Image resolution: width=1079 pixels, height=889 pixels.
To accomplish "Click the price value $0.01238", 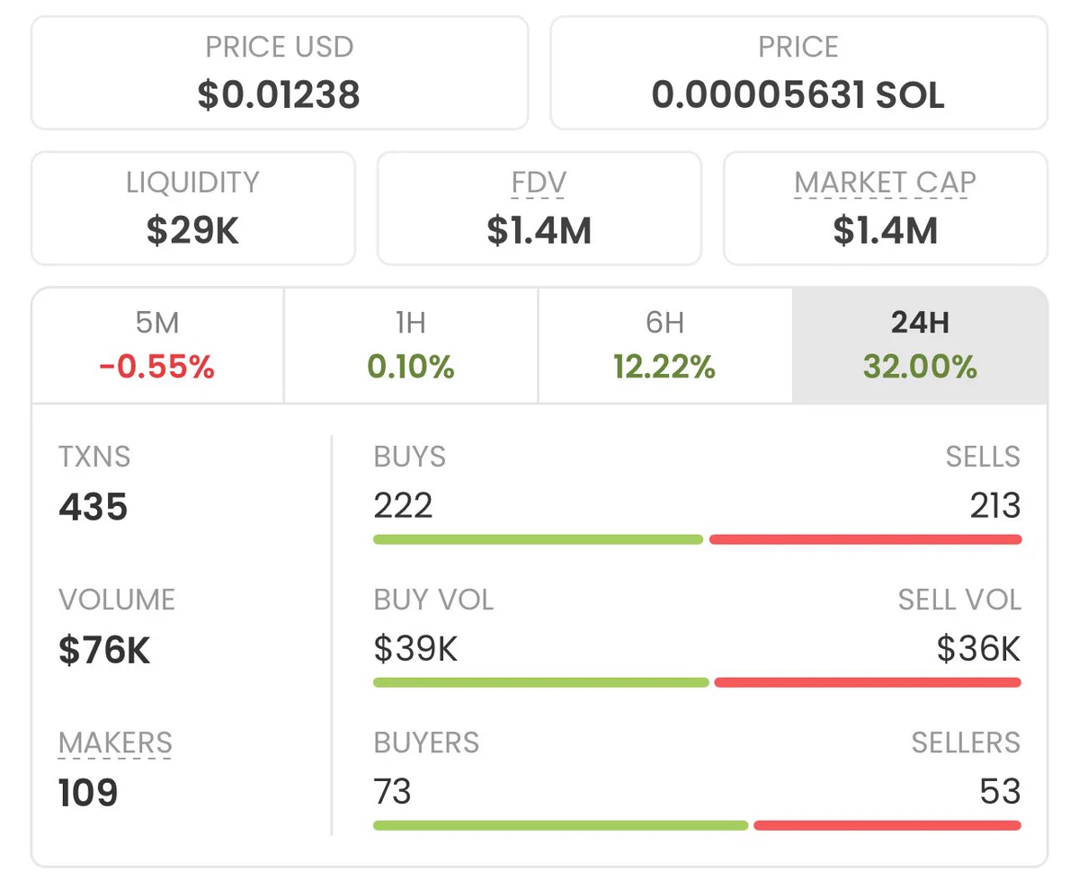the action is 279,95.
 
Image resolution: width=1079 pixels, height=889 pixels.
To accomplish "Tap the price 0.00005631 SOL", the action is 798,95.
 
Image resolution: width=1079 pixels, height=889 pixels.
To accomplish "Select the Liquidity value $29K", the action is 192,230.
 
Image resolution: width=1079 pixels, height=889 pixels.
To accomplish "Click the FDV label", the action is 539,182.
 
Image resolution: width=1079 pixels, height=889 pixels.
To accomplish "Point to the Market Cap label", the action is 885,182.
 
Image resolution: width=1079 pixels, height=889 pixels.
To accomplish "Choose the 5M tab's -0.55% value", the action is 156,367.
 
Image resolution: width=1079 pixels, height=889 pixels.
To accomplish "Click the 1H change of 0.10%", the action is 411,367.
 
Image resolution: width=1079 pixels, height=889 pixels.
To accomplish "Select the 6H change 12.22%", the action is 664,367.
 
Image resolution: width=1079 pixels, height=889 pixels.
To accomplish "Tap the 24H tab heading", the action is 920,323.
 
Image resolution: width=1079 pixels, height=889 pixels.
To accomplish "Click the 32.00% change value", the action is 920,367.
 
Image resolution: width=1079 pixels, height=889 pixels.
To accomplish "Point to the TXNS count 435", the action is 93,506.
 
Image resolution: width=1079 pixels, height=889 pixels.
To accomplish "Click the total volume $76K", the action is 104,650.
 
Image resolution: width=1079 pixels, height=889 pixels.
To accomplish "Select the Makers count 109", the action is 88,793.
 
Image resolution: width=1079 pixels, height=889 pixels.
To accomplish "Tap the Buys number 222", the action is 403,505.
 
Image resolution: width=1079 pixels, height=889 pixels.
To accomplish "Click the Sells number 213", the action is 994,505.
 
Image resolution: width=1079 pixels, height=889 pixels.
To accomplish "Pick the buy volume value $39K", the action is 415,648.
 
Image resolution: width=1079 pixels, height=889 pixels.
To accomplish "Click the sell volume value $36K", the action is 979,648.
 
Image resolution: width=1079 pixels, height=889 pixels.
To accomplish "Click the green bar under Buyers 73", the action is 561,825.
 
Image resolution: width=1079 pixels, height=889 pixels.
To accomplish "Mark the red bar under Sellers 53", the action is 887,825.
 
